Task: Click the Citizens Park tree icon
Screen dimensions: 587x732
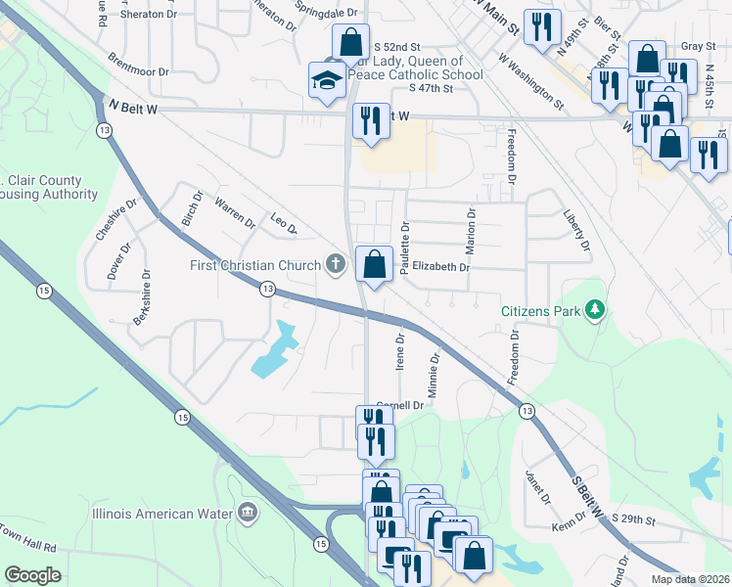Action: pyautogui.click(x=594, y=311)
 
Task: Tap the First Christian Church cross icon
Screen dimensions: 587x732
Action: pyautogui.click(x=336, y=263)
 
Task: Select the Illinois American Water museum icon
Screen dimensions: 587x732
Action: pyautogui.click(x=247, y=513)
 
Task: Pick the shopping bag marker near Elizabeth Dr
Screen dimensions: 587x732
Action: pyautogui.click(x=373, y=263)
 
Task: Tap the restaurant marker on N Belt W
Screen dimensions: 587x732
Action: pyautogui.click(x=370, y=120)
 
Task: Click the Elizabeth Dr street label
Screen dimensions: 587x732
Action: pyautogui.click(x=440, y=266)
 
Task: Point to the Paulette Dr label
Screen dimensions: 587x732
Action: pyautogui.click(x=403, y=240)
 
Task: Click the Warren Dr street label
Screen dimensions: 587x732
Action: pyautogui.click(x=235, y=214)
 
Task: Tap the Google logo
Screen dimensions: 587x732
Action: pyautogui.click(x=33, y=574)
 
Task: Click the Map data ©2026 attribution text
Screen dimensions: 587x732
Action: pyautogui.click(x=689, y=579)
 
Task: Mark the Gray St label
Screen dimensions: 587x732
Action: pyautogui.click(x=693, y=46)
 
